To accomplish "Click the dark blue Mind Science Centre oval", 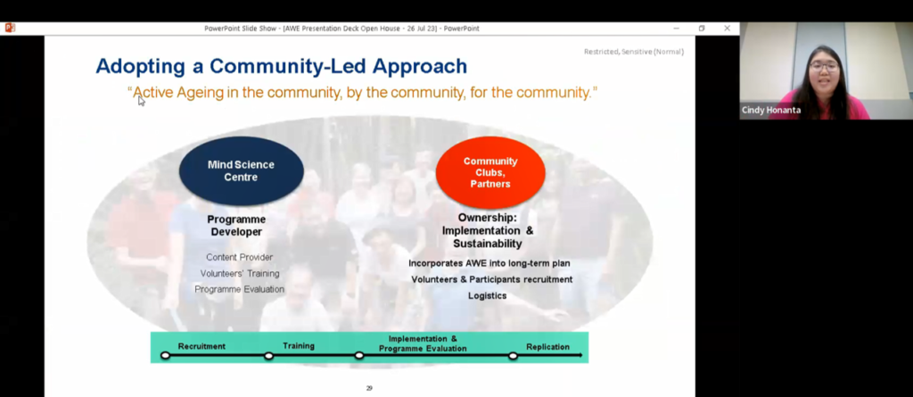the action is (x=241, y=170).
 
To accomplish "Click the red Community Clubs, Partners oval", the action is (x=490, y=172).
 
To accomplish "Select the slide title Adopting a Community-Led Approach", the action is (x=281, y=66).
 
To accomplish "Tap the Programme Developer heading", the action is (x=236, y=226).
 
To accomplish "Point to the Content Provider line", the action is (x=239, y=257).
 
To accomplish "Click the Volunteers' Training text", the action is (x=240, y=273).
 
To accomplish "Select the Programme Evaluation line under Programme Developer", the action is (x=239, y=290).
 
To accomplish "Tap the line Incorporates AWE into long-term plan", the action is (x=489, y=263).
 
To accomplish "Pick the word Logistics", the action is (x=488, y=296).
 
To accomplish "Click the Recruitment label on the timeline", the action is (x=202, y=346).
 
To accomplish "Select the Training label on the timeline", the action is (x=299, y=345).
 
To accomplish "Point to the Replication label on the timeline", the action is (x=548, y=347).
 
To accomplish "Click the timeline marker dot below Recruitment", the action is (x=165, y=355).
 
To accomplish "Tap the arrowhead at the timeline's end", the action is (x=580, y=355).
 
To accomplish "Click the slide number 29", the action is (x=369, y=388).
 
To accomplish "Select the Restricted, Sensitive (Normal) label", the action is (x=634, y=52).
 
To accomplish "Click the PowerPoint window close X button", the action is (x=728, y=29).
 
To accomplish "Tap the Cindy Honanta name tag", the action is (x=771, y=111).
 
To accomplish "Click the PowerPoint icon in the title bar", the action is (x=10, y=28).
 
